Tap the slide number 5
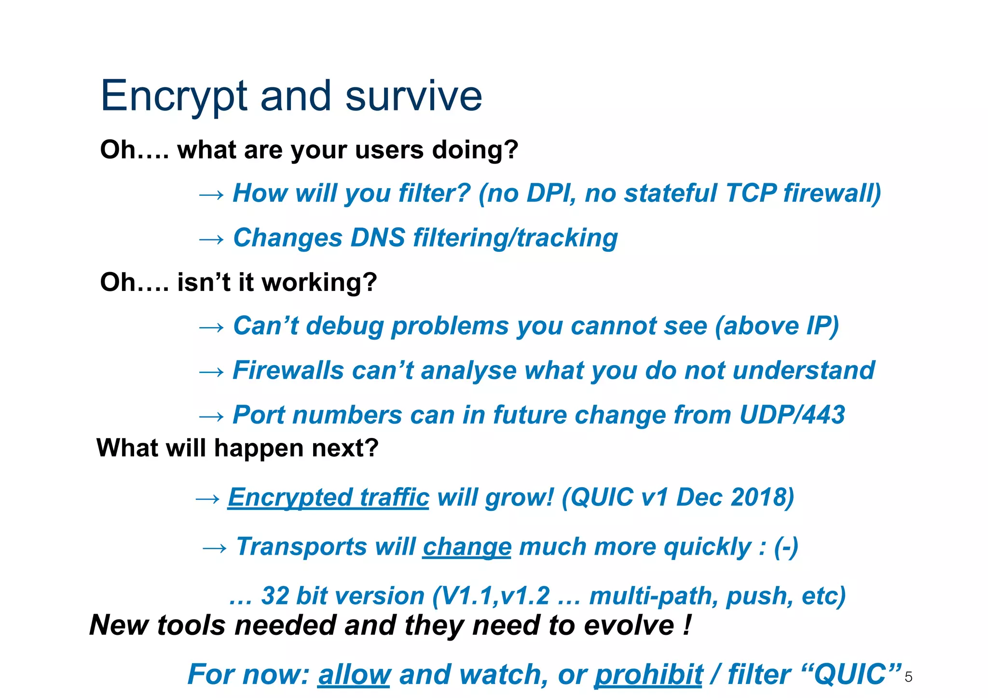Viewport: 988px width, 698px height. pyautogui.click(x=908, y=677)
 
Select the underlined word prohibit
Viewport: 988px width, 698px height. pyautogui.click(x=648, y=674)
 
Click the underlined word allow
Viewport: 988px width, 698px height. pyautogui.click(x=354, y=674)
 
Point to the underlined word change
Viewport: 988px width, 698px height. pyautogui.click(x=467, y=547)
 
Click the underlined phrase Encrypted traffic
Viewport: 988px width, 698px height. pyautogui.click(x=328, y=497)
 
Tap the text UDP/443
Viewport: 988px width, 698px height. pyautogui.click(x=792, y=415)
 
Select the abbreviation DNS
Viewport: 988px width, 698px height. pyautogui.click(x=378, y=238)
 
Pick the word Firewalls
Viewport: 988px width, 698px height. pyautogui.click(x=288, y=370)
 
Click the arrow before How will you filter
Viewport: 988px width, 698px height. pyautogui.click(x=211, y=194)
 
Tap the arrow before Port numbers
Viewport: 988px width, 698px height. pyautogui.click(x=211, y=416)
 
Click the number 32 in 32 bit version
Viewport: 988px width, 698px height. pyautogui.click(x=275, y=596)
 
